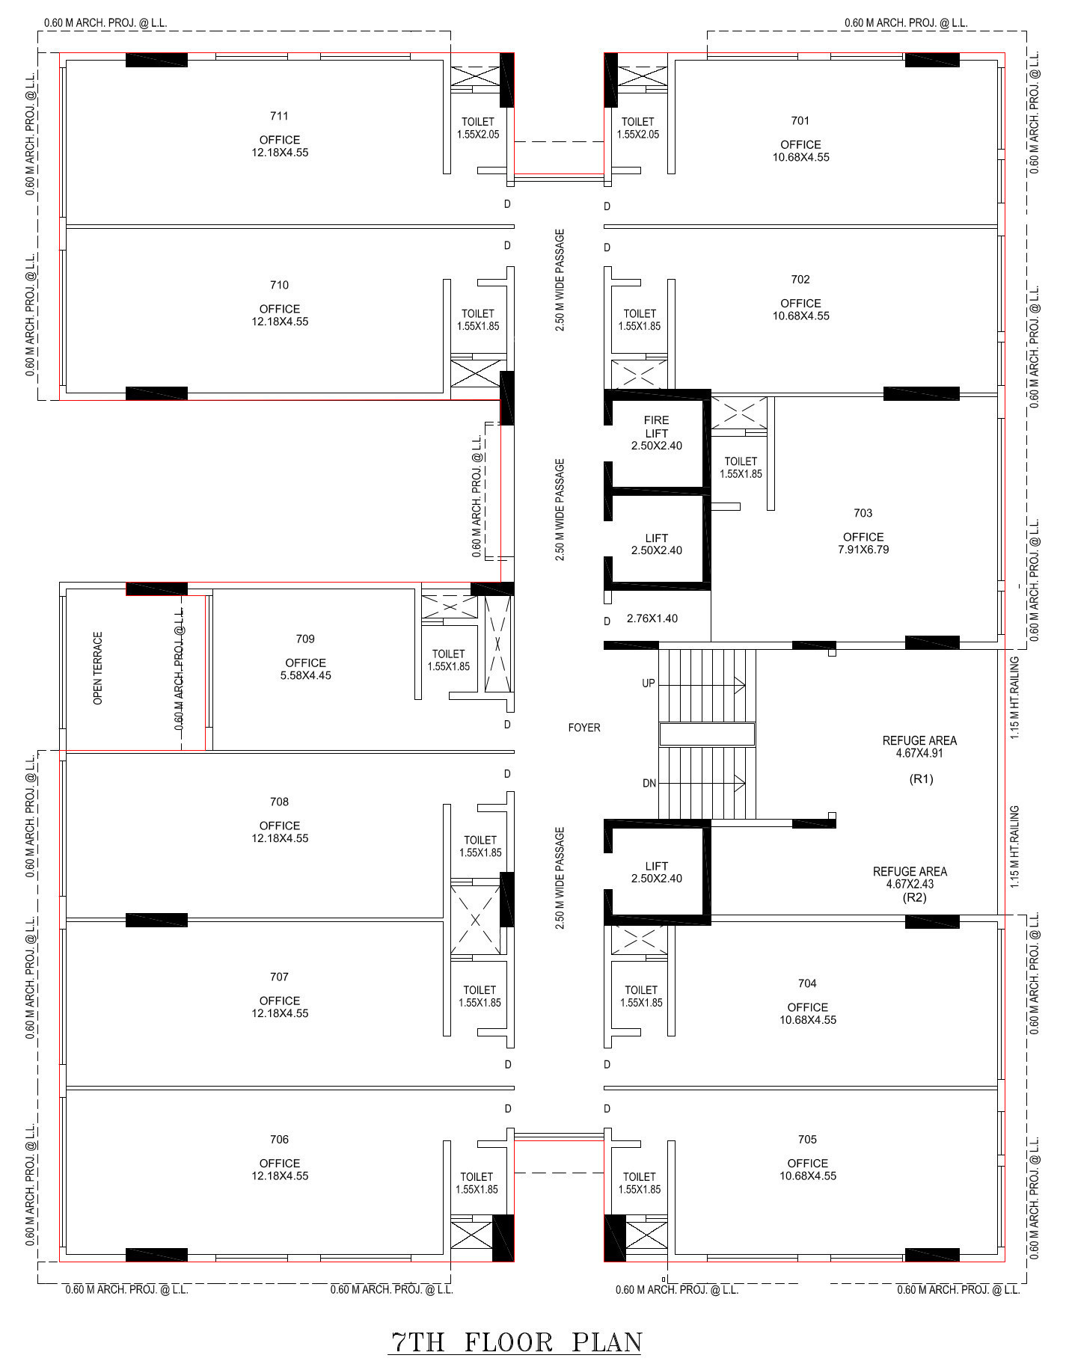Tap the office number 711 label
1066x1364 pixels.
pyautogui.click(x=279, y=116)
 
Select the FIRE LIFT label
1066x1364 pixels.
pyautogui.click(x=656, y=426)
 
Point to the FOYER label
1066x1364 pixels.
pyautogui.click(x=584, y=727)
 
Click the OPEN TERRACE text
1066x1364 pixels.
pyautogui.click(x=98, y=668)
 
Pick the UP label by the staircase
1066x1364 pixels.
pyautogui.click(x=649, y=683)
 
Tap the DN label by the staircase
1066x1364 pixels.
pyautogui.click(x=649, y=784)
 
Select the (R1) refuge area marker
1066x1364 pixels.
pyautogui.click(x=921, y=779)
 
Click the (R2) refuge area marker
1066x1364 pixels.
pyautogui.click(x=915, y=897)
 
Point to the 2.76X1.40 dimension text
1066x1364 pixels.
pyautogui.click(x=652, y=618)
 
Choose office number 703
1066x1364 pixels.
pyautogui.click(x=863, y=513)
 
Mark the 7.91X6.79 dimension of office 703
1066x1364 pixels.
pyautogui.click(x=863, y=550)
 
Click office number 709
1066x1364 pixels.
pyautogui.click(x=305, y=639)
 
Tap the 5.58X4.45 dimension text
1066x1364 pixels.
pyautogui.click(x=305, y=675)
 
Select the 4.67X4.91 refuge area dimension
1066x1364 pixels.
pyautogui.click(x=919, y=753)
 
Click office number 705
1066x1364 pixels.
pyautogui.click(x=807, y=1140)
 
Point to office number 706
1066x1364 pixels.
pyautogui.click(x=279, y=1140)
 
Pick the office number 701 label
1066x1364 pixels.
pyautogui.click(x=800, y=120)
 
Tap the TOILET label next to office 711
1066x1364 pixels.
pyautogui.click(x=478, y=122)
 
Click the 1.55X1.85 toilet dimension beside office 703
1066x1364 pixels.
pyautogui.click(x=741, y=474)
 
